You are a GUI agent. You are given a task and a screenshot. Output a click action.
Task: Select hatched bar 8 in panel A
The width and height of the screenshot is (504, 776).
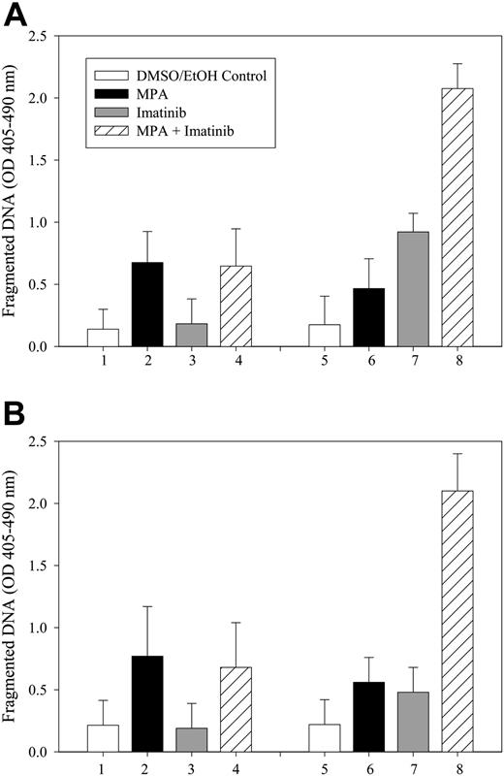[457, 217]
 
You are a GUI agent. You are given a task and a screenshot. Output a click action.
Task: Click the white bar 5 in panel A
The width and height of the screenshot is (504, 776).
[325, 336]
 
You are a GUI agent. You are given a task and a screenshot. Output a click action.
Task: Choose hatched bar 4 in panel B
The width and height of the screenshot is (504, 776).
[236, 709]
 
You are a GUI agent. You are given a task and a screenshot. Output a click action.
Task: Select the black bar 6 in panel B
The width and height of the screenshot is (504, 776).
[369, 717]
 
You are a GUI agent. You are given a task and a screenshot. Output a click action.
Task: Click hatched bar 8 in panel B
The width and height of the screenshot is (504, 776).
[457, 621]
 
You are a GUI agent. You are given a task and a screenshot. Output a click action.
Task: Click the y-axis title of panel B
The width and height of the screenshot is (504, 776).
[13, 593]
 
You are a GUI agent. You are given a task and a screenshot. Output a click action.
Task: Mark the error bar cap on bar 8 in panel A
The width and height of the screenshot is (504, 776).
[457, 64]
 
